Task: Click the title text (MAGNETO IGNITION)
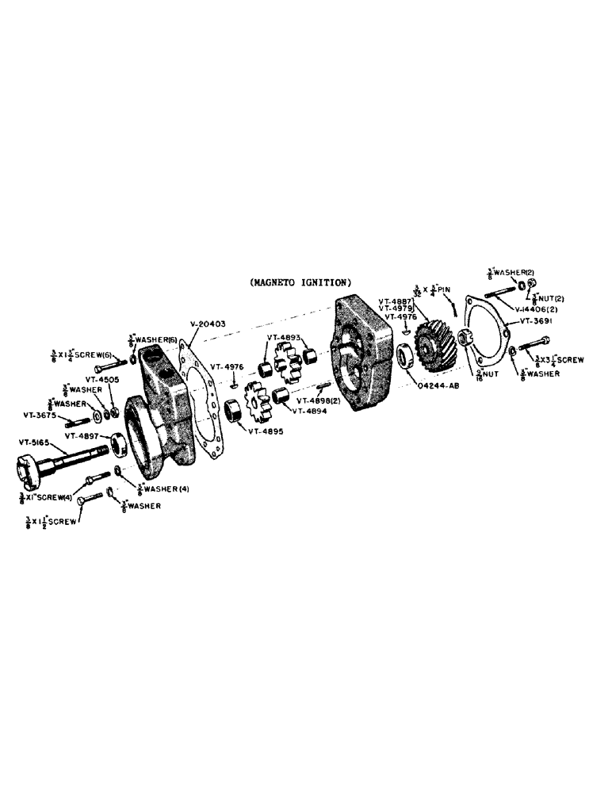click(300, 282)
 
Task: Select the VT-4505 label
click(103, 379)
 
